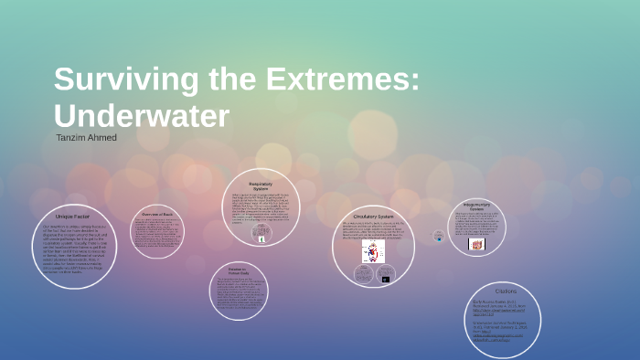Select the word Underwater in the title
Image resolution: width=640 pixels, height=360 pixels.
point(141,116)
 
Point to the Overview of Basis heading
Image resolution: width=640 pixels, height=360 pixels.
point(155,214)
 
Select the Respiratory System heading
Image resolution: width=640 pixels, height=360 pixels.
point(261,185)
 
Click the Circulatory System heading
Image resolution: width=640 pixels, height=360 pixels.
point(372,217)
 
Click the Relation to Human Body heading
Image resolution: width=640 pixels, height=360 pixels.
point(238,272)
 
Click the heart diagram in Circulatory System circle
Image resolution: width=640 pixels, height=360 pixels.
point(373,252)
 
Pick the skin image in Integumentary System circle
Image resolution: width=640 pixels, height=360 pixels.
point(476,244)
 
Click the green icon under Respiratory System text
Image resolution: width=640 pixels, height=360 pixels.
point(261,238)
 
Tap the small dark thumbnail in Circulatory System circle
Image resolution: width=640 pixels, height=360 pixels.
point(385,278)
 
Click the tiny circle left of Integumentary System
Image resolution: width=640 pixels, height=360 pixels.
point(438,236)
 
